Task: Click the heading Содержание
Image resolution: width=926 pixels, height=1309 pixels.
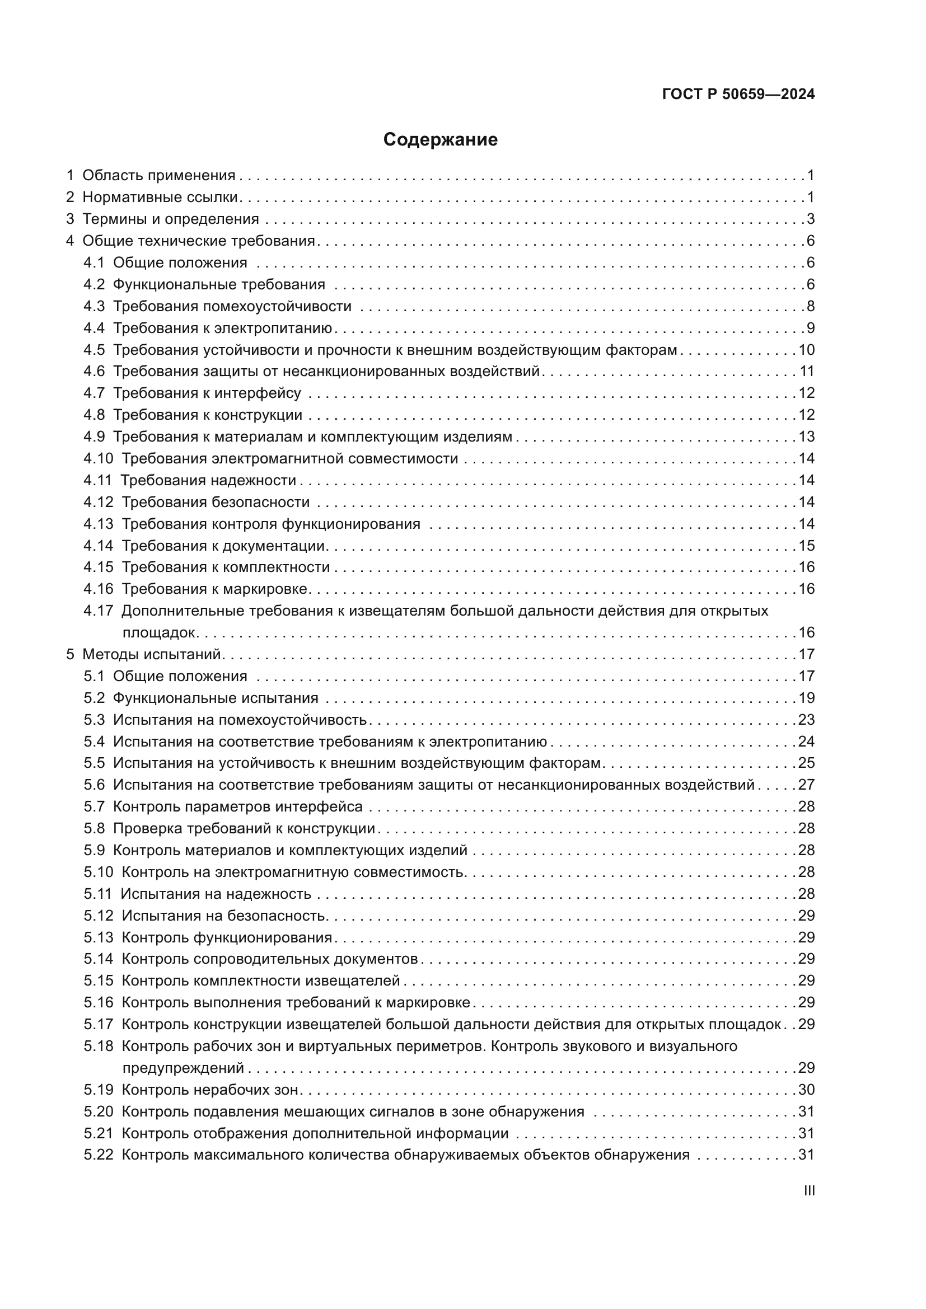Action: (x=440, y=140)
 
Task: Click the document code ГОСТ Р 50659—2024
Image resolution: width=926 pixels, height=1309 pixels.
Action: (x=738, y=95)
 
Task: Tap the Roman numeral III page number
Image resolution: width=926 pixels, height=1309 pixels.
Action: (x=808, y=1191)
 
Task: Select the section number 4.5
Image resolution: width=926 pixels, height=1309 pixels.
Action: (x=94, y=350)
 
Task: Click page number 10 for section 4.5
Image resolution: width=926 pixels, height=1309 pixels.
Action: (x=806, y=350)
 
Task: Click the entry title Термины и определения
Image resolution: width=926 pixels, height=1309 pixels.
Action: (x=171, y=219)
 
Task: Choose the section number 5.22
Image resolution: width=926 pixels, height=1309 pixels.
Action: (x=98, y=1155)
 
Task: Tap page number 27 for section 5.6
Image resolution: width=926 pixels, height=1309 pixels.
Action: (x=806, y=785)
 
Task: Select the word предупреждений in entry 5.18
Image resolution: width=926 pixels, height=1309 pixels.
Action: (x=183, y=1068)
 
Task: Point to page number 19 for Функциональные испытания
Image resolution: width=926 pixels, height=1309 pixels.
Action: (x=806, y=698)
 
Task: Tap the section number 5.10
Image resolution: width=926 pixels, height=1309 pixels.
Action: (x=98, y=872)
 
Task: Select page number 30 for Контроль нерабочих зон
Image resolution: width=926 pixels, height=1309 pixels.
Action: (x=806, y=1090)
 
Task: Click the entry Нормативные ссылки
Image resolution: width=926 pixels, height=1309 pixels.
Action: (x=160, y=198)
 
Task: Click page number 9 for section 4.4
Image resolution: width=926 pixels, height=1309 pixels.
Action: (x=810, y=329)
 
